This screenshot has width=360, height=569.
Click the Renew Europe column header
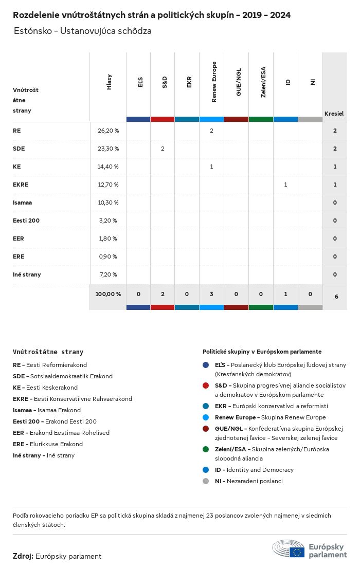click(x=214, y=82)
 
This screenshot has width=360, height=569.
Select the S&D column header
click(x=165, y=82)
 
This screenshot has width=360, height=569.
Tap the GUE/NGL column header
click(x=239, y=82)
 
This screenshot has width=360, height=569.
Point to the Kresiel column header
click(x=334, y=114)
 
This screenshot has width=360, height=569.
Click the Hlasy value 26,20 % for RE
click(x=108, y=131)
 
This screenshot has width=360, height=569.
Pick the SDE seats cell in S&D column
click(x=163, y=149)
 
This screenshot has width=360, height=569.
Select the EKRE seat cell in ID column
click(x=285, y=185)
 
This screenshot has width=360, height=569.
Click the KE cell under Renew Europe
click(x=211, y=167)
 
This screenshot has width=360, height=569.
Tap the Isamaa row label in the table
click(x=23, y=203)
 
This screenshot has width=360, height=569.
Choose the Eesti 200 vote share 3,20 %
click(x=107, y=221)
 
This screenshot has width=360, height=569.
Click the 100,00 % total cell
click(x=108, y=294)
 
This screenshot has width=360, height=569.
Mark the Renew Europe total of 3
click(x=211, y=294)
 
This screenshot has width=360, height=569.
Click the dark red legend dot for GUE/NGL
click(x=206, y=429)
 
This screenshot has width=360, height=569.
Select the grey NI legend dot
click(x=206, y=481)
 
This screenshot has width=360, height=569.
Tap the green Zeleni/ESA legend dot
click(x=206, y=449)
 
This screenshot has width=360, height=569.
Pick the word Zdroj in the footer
click(x=23, y=556)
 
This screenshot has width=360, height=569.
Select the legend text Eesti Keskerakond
click(x=52, y=388)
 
